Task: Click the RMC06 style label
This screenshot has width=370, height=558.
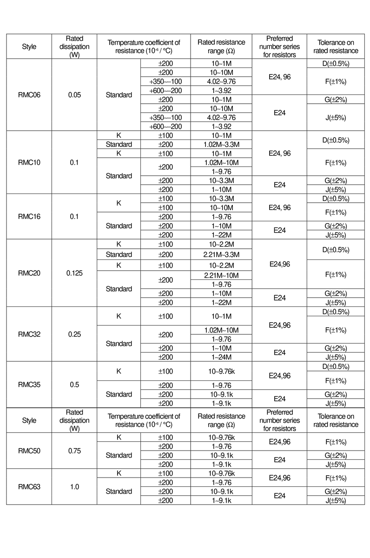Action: [29, 95]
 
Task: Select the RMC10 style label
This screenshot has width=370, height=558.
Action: [29, 162]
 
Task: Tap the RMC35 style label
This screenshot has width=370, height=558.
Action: [29, 385]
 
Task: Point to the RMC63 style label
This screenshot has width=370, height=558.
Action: [29, 487]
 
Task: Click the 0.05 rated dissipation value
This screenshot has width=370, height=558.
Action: [74, 95]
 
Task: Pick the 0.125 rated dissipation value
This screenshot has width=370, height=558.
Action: [74, 273]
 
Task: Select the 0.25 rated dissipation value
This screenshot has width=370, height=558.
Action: [74, 334]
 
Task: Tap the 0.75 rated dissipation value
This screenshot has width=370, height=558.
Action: [74, 451]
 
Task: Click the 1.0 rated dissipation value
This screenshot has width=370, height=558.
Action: [74, 487]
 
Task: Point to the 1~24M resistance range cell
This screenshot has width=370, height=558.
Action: [221, 357]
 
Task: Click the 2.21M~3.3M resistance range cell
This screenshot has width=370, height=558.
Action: [221, 254]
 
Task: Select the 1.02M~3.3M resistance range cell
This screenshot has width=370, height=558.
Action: [221, 144]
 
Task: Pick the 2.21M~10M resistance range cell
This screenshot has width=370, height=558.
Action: [221, 276]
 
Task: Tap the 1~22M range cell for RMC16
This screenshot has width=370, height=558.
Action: [221, 235]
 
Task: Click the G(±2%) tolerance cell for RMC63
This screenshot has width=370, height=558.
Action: [335, 491]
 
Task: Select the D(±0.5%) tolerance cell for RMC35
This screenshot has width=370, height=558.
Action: [335, 367]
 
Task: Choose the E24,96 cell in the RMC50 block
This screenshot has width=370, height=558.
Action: [279, 442]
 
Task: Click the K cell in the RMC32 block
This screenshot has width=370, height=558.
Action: [119, 316]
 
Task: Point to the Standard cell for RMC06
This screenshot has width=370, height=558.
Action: [119, 95]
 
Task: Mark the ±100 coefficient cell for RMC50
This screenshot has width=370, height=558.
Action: [165, 437]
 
